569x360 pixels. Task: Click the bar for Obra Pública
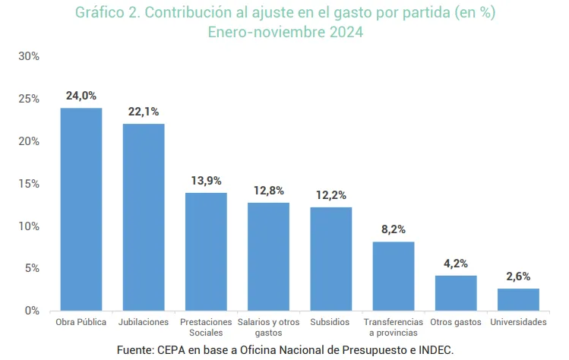click(81, 209)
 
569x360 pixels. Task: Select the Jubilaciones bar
click(144, 216)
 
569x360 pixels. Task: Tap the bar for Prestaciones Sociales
click(206, 251)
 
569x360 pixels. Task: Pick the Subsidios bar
click(330, 258)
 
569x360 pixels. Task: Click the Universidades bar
click(518, 299)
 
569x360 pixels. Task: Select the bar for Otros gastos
click(456, 292)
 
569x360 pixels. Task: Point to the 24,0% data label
click(81, 96)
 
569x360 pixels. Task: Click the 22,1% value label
click(144, 112)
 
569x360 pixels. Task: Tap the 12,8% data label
click(268, 191)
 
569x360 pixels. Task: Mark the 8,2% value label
click(394, 229)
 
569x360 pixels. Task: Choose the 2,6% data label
click(518, 276)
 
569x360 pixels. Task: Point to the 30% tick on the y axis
click(29, 57)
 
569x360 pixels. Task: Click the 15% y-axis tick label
click(29, 184)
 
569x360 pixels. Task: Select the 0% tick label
click(32, 311)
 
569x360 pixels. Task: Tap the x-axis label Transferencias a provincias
click(394, 327)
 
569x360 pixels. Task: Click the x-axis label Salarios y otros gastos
click(268, 327)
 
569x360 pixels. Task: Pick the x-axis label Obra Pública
click(81, 322)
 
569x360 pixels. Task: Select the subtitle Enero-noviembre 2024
click(285, 33)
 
